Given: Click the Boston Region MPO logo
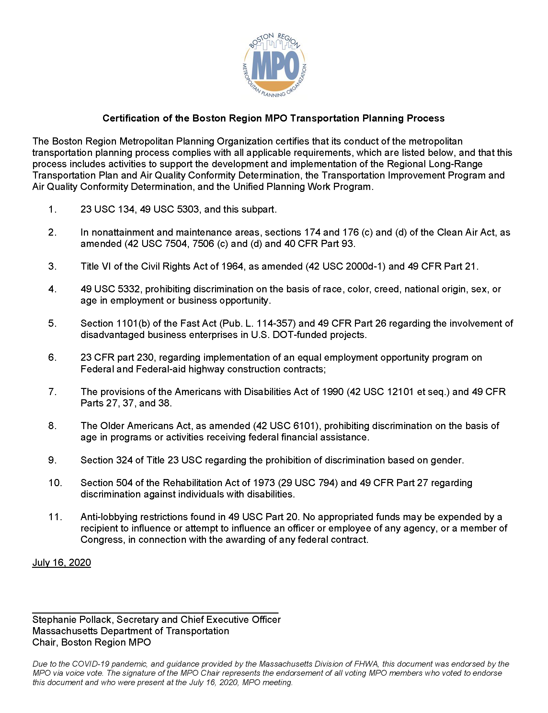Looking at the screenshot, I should (x=275, y=65).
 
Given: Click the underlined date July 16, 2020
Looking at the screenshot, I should (x=61, y=563).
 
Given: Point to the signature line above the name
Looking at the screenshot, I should (x=155, y=613).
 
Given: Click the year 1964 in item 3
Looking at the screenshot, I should (x=232, y=266).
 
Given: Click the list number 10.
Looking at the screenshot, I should (x=55, y=483).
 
